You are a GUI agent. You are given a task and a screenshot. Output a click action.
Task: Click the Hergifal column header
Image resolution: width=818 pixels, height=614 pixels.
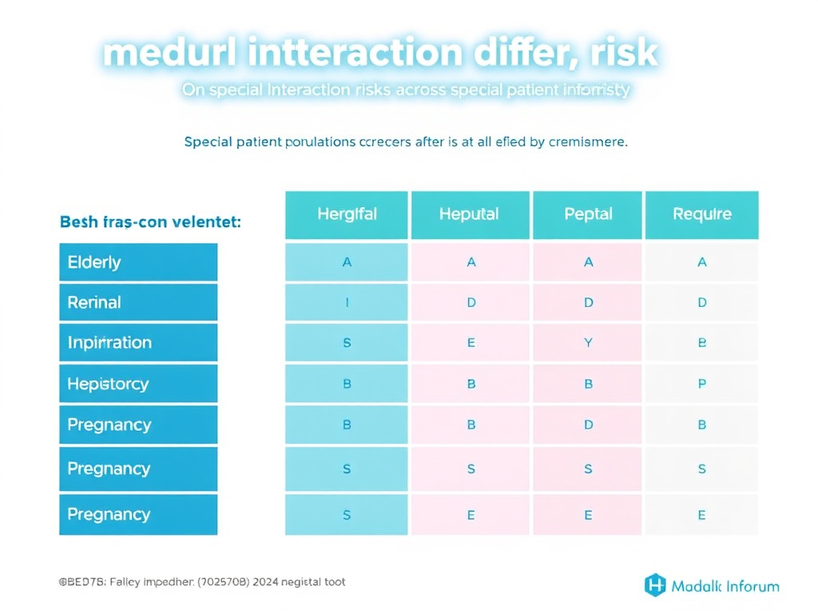[347, 214]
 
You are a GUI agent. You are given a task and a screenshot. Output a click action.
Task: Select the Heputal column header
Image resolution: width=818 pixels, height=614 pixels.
[469, 214]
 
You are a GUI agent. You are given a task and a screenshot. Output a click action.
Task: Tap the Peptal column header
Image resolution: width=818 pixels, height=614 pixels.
[588, 214]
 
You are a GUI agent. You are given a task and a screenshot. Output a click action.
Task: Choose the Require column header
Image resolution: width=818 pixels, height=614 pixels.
[701, 214]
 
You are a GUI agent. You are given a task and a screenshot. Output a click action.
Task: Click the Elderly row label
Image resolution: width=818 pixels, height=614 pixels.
[137, 262]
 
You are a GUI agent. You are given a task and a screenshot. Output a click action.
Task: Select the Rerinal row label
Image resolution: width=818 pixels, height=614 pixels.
[137, 303]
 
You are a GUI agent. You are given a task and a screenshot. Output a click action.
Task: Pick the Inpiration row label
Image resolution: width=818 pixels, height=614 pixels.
[137, 343]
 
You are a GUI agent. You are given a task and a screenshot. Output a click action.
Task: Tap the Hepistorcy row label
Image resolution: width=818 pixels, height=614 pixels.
[137, 384]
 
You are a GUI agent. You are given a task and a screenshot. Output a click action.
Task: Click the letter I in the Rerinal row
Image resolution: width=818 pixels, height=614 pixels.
[347, 303]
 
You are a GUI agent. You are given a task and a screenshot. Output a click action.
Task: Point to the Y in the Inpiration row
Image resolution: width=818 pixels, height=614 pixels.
[589, 343]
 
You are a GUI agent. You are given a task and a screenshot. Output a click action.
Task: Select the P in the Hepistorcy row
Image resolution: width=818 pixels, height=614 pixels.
[702, 384]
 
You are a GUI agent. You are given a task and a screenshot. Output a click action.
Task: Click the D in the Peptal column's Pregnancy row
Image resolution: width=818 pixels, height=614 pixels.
[589, 425]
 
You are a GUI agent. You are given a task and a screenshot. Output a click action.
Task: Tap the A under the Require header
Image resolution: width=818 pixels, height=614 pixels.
[702, 262]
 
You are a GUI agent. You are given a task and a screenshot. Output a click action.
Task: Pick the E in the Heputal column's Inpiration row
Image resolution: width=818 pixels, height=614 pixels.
[471, 343]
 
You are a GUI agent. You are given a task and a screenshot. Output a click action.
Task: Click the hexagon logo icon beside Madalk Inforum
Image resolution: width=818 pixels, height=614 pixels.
[655, 585]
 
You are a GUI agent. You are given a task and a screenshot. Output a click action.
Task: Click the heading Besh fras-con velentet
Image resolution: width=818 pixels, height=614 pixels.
[150, 222]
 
